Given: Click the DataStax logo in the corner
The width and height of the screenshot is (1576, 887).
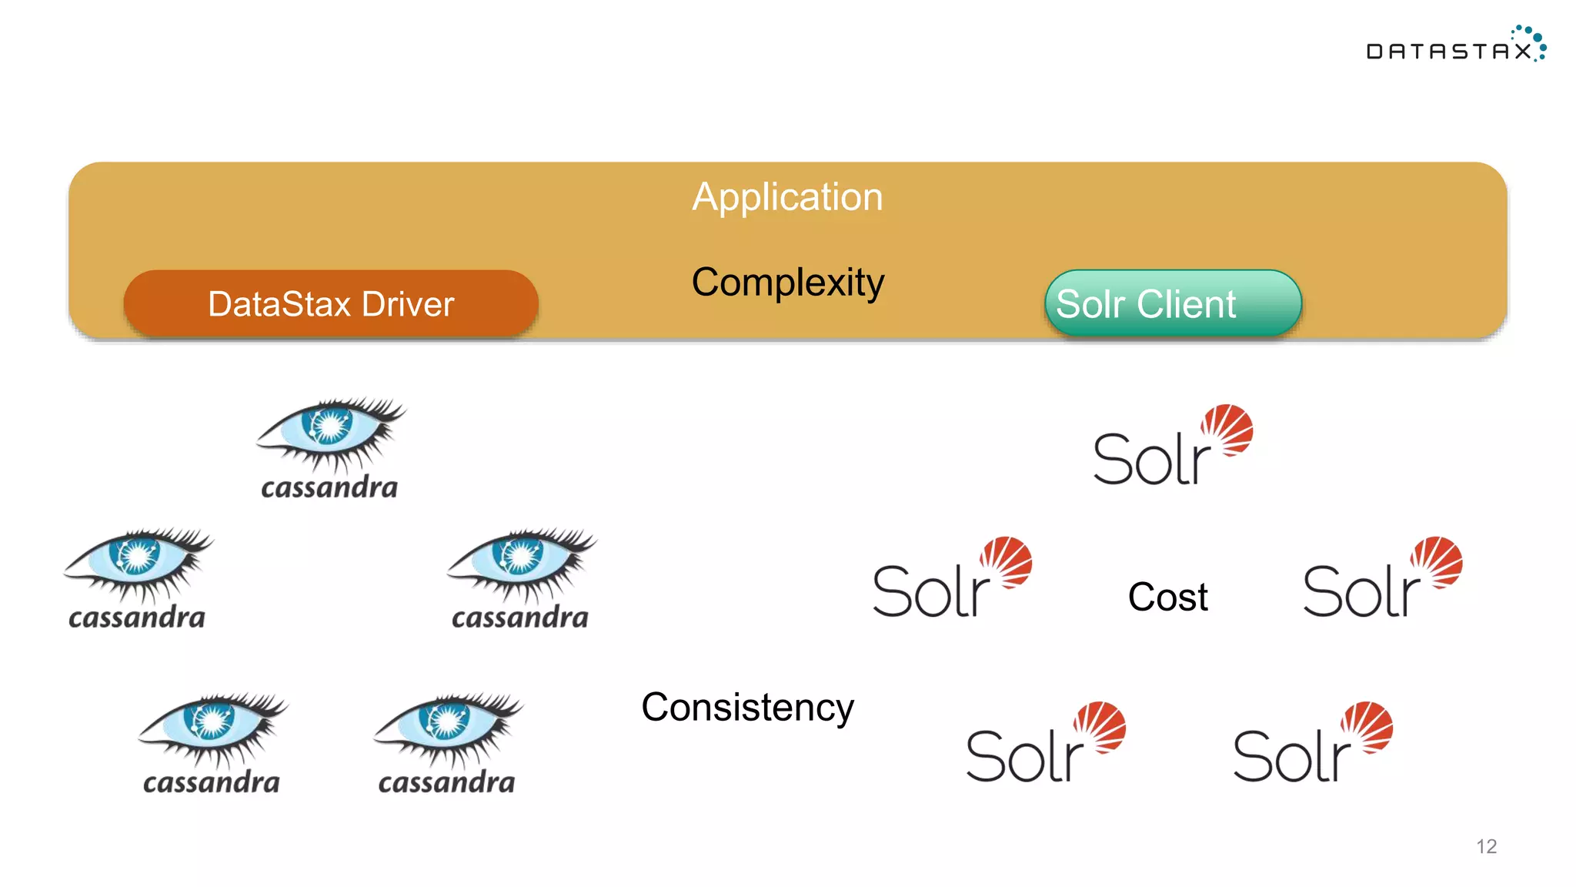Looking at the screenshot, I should (x=1455, y=45).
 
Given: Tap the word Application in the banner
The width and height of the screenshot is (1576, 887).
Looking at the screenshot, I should (x=787, y=197).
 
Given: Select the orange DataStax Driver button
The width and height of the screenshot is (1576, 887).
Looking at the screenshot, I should (x=331, y=303).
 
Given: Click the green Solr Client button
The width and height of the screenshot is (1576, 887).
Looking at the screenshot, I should (x=1172, y=303).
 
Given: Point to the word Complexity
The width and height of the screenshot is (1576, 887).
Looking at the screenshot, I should (x=787, y=282).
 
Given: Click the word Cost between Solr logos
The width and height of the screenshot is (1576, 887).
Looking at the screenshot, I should (x=1167, y=597).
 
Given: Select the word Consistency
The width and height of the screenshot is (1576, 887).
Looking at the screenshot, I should (x=747, y=707).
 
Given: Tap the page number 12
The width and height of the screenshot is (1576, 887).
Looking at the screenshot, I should (x=1486, y=846).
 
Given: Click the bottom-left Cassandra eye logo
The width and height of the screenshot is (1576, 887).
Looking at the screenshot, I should (x=212, y=743).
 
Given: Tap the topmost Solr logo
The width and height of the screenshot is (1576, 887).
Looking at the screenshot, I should (x=1172, y=447).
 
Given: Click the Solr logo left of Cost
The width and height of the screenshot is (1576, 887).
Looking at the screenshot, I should (x=951, y=579).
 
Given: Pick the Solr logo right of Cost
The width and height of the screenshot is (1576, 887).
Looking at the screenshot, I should (x=1382, y=579).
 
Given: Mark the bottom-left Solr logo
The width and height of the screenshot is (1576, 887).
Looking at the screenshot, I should (x=1045, y=744).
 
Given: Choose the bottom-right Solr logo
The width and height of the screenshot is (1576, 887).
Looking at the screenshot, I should (x=1312, y=744).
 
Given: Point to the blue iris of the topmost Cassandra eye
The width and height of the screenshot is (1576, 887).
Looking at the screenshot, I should (x=329, y=426).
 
